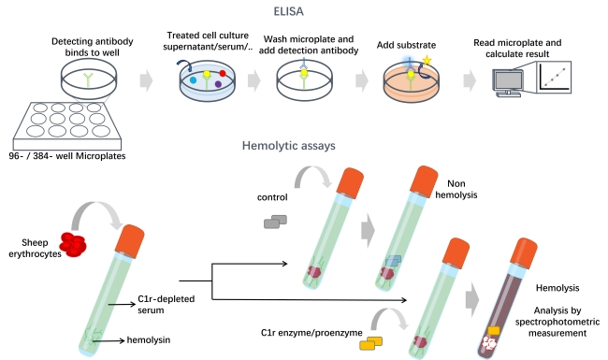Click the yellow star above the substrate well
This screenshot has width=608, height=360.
click(x=427, y=63)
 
